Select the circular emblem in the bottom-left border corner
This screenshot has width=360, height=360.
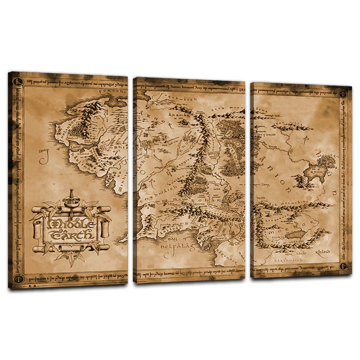(x=17, y=278)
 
